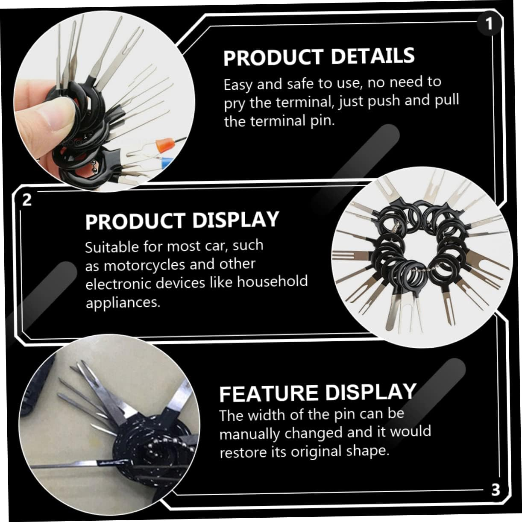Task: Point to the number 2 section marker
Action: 27,199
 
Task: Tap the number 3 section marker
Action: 496,490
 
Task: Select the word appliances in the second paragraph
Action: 123,303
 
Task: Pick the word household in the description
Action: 273,282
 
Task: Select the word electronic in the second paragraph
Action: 118,284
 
